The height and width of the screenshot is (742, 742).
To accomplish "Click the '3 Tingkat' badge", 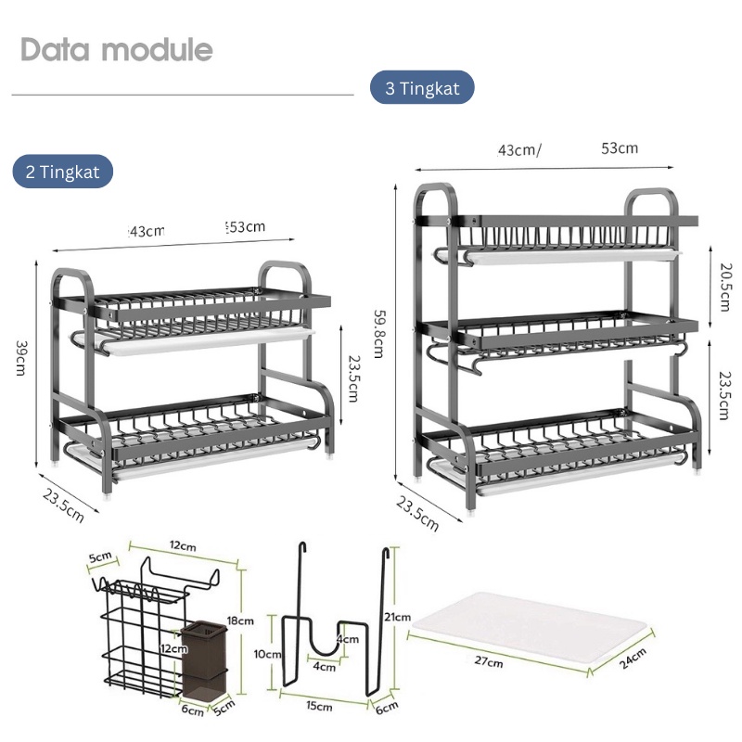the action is [422, 87].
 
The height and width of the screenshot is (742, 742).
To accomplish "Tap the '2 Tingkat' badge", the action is [62, 172].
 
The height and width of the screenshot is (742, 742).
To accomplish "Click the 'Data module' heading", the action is [117, 49].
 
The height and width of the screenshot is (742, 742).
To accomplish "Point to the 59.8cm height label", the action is [379, 334].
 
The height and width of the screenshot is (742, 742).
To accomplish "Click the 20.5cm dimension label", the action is [724, 287].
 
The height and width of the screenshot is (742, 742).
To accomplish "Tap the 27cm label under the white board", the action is [489, 660].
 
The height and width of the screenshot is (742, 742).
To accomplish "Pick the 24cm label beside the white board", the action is [633, 659].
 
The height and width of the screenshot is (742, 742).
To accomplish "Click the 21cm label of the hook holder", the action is [398, 617].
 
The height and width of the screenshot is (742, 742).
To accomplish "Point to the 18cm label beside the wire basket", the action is [240, 620].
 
